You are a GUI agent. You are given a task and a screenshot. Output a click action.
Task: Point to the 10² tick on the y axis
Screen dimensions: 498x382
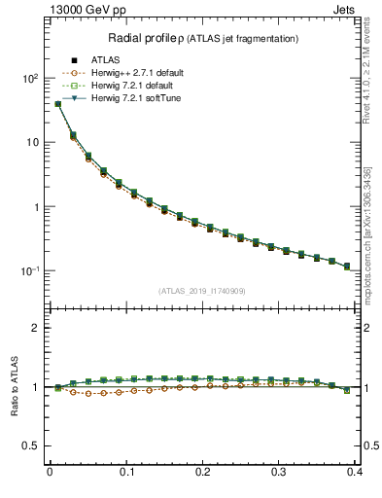[x=29, y=78]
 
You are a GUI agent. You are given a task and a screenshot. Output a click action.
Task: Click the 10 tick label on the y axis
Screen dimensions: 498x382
[x=33, y=142]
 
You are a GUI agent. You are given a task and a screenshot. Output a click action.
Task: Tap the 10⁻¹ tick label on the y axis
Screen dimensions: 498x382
[x=29, y=270]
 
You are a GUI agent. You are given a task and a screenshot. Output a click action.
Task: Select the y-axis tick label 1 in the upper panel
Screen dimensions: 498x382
[x=37, y=207]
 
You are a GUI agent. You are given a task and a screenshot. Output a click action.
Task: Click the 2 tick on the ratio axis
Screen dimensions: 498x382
[x=37, y=328]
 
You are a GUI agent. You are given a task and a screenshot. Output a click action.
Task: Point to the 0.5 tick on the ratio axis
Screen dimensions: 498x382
[x=32, y=445]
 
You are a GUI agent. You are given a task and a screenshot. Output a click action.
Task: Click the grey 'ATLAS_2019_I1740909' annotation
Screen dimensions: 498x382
[x=203, y=291]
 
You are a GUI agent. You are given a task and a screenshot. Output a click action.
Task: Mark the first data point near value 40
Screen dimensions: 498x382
[x=57, y=104]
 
